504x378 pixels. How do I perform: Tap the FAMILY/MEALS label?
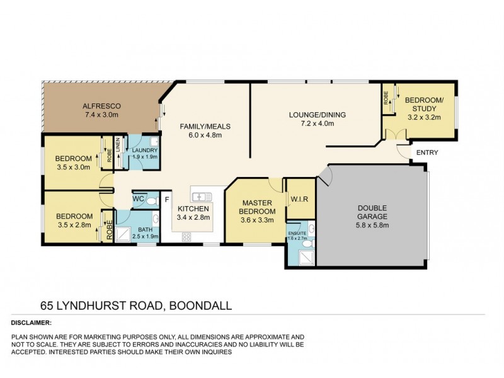tap(205, 126)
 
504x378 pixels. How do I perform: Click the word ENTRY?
tap(427, 152)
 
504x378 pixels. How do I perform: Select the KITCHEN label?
tap(193, 209)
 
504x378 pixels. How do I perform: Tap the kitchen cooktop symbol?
tap(187, 236)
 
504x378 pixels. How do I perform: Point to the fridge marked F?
tap(167, 200)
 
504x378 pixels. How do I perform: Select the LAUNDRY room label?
tap(140, 150)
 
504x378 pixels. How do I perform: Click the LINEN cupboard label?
tap(117, 150)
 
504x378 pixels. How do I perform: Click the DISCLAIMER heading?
tap(33, 322)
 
